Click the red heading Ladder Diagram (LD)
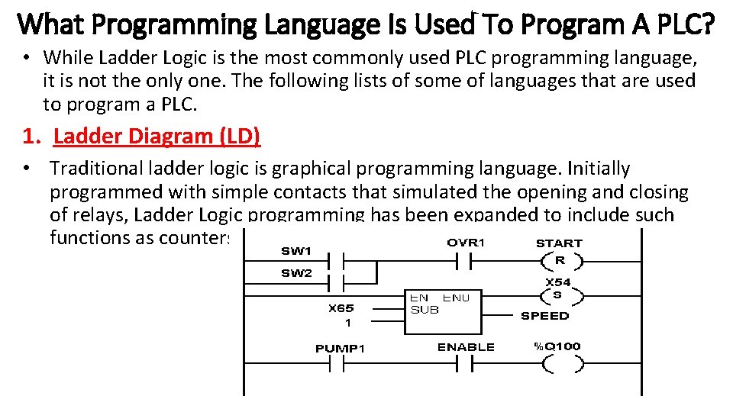157,137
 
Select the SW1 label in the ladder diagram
296,249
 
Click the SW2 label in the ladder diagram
296,274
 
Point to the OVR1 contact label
466,243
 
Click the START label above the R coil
559,243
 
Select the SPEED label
544,316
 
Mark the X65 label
341,309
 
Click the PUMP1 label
341,349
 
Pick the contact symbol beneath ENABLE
464,365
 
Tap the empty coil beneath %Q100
559,365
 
